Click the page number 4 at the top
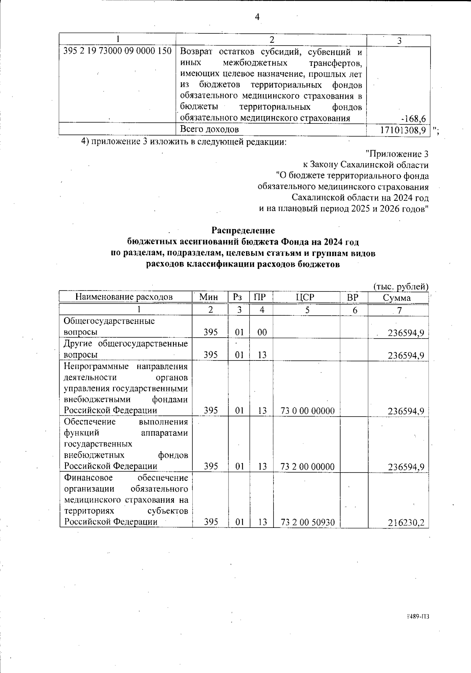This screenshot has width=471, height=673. pyautogui.click(x=257, y=17)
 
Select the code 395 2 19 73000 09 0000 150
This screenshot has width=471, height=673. pyautogui.click(x=117, y=51)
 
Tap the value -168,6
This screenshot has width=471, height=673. pyautogui.click(x=415, y=118)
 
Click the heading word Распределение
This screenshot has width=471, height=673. pyautogui.click(x=243, y=230)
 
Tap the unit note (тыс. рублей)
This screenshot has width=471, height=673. pyautogui.click(x=400, y=287)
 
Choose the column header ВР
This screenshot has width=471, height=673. pyautogui.click(x=353, y=297)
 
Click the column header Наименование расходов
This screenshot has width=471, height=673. pyautogui.click(x=124, y=297)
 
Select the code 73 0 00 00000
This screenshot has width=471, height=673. pyautogui.click(x=307, y=411)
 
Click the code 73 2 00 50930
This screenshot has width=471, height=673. pyautogui.click(x=307, y=522)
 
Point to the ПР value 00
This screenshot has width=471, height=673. pyautogui.click(x=262, y=333)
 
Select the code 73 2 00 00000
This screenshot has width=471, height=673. pyautogui.click(x=307, y=467)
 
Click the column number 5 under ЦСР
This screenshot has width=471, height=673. pyautogui.click(x=307, y=310)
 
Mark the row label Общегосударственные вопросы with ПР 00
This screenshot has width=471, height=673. pyautogui.click(x=109, y=327)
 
